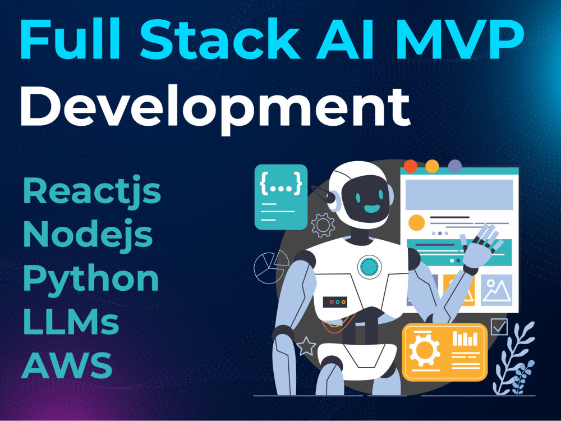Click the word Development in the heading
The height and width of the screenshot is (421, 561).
(215, 108)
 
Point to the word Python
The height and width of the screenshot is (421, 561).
(91, 279)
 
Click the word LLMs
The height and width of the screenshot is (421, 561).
(71, 321)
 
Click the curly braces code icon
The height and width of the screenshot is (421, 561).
(281, 184)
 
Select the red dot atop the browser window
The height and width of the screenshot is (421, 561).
(411, 166)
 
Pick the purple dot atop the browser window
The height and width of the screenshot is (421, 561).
(455, 166)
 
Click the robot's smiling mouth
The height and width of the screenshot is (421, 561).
(372, 208)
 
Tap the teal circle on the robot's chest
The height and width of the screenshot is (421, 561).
(369, 267)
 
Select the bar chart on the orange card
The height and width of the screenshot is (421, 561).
(465, 338)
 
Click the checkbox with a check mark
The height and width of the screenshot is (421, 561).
(499, 327)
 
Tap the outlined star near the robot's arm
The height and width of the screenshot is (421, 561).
(306, 346)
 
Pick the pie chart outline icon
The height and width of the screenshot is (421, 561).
(271, 267)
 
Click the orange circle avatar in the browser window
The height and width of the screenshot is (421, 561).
(416, 223)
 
